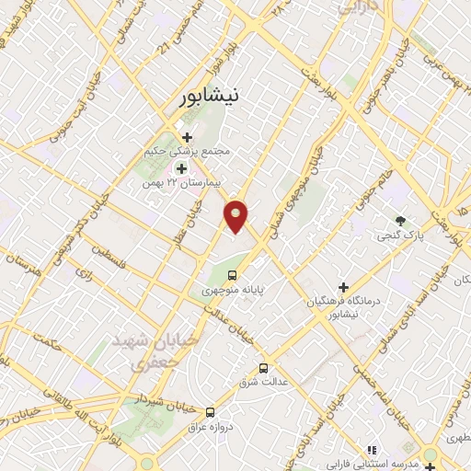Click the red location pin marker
(237, 214)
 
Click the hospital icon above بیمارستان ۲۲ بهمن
(181, 168)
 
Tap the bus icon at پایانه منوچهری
(233, 274)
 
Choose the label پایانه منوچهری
(234, 290)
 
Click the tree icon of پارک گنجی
(399, 221)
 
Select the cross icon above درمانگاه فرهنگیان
(344, 287)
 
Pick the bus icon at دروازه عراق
(211, 412)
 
